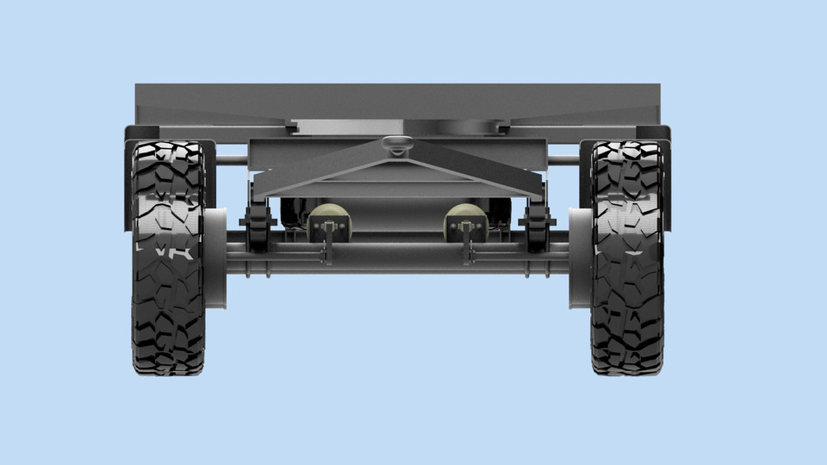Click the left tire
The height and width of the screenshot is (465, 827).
(169, 258)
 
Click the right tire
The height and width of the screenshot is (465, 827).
(627, 258)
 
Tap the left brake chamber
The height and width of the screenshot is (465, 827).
(327, 221)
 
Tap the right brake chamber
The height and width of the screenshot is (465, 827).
(465, 221)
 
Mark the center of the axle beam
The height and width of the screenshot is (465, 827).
(397, 257)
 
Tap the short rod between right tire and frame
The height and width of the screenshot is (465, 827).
(564, 159)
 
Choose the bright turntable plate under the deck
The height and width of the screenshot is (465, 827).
(397, 127)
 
